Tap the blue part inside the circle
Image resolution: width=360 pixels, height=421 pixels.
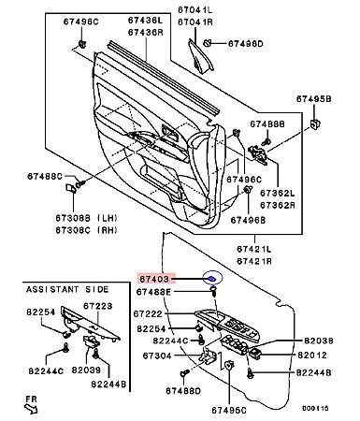[x=212, y=279]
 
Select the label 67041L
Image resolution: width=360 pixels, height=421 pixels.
[x=195, y=10]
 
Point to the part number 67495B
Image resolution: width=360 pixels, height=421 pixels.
[x=313, y=99]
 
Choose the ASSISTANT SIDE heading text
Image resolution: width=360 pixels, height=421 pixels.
[x=67, y=289]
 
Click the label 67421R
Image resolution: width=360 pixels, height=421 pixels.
[x=254, y=261]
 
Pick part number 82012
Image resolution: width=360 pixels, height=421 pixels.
[x=312, y=356]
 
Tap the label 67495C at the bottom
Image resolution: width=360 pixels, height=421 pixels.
[x=229, y=410]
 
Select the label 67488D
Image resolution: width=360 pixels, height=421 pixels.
[x=183, y=391]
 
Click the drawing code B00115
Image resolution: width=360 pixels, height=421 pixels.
[x=315, y=408]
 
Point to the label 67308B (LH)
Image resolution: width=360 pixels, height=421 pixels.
[x=87, y=218]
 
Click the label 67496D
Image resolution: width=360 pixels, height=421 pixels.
[x=246, y=43]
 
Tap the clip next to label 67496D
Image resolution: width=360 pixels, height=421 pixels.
[x=208, y=43]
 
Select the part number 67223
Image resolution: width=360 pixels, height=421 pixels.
[x=98, y=306]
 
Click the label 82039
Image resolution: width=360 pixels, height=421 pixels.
[x=86, y=370]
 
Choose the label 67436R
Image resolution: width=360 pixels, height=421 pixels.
[x=146, y=32]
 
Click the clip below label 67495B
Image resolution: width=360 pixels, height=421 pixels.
[x=315, y=124]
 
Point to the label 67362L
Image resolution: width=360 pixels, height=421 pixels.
[x=278, y=193]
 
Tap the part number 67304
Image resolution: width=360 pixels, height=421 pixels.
[x=157, y=356]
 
